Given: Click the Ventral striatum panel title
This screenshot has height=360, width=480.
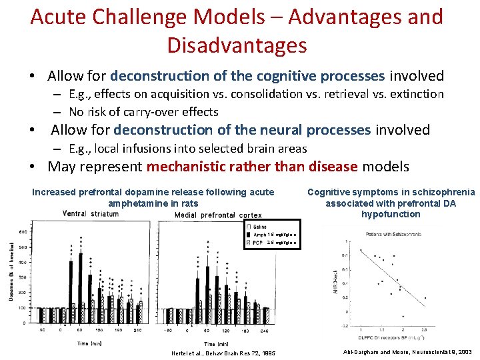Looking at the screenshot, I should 90,213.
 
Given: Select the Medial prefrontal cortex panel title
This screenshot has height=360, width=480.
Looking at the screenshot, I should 218,215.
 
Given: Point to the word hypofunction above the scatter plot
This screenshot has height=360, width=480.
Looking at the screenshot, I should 391,214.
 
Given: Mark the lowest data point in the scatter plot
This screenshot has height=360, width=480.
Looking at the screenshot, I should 403,315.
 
